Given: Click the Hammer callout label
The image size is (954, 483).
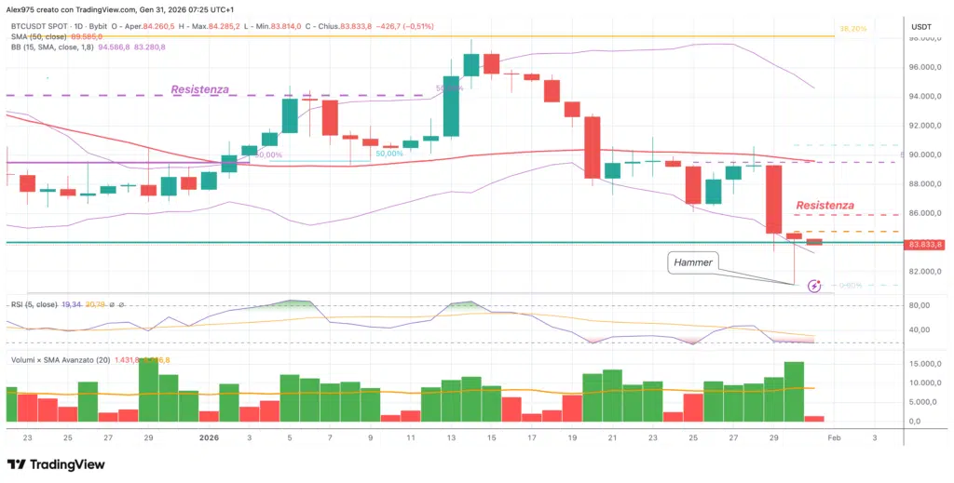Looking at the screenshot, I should pyautogui.click(x=692, y=263).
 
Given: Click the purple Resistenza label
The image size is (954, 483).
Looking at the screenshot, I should pyautogui.click(x=200, y=90).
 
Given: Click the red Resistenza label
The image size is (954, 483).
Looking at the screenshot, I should pyautogui.click(x=824, y=204).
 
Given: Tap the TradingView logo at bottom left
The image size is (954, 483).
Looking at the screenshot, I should pyautogui.click(x=56, y=463).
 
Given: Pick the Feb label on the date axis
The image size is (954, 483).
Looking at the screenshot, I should pyautogui.click(x=834, y=436).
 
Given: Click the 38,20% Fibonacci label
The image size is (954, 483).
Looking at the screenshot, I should pyautogui.click(x=852, y=29).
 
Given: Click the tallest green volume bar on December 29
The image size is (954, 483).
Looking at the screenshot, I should pyautogui.click(x=148, y=389).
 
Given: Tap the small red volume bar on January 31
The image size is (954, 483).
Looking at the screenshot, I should pyautogui.click(x=814, y=419).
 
